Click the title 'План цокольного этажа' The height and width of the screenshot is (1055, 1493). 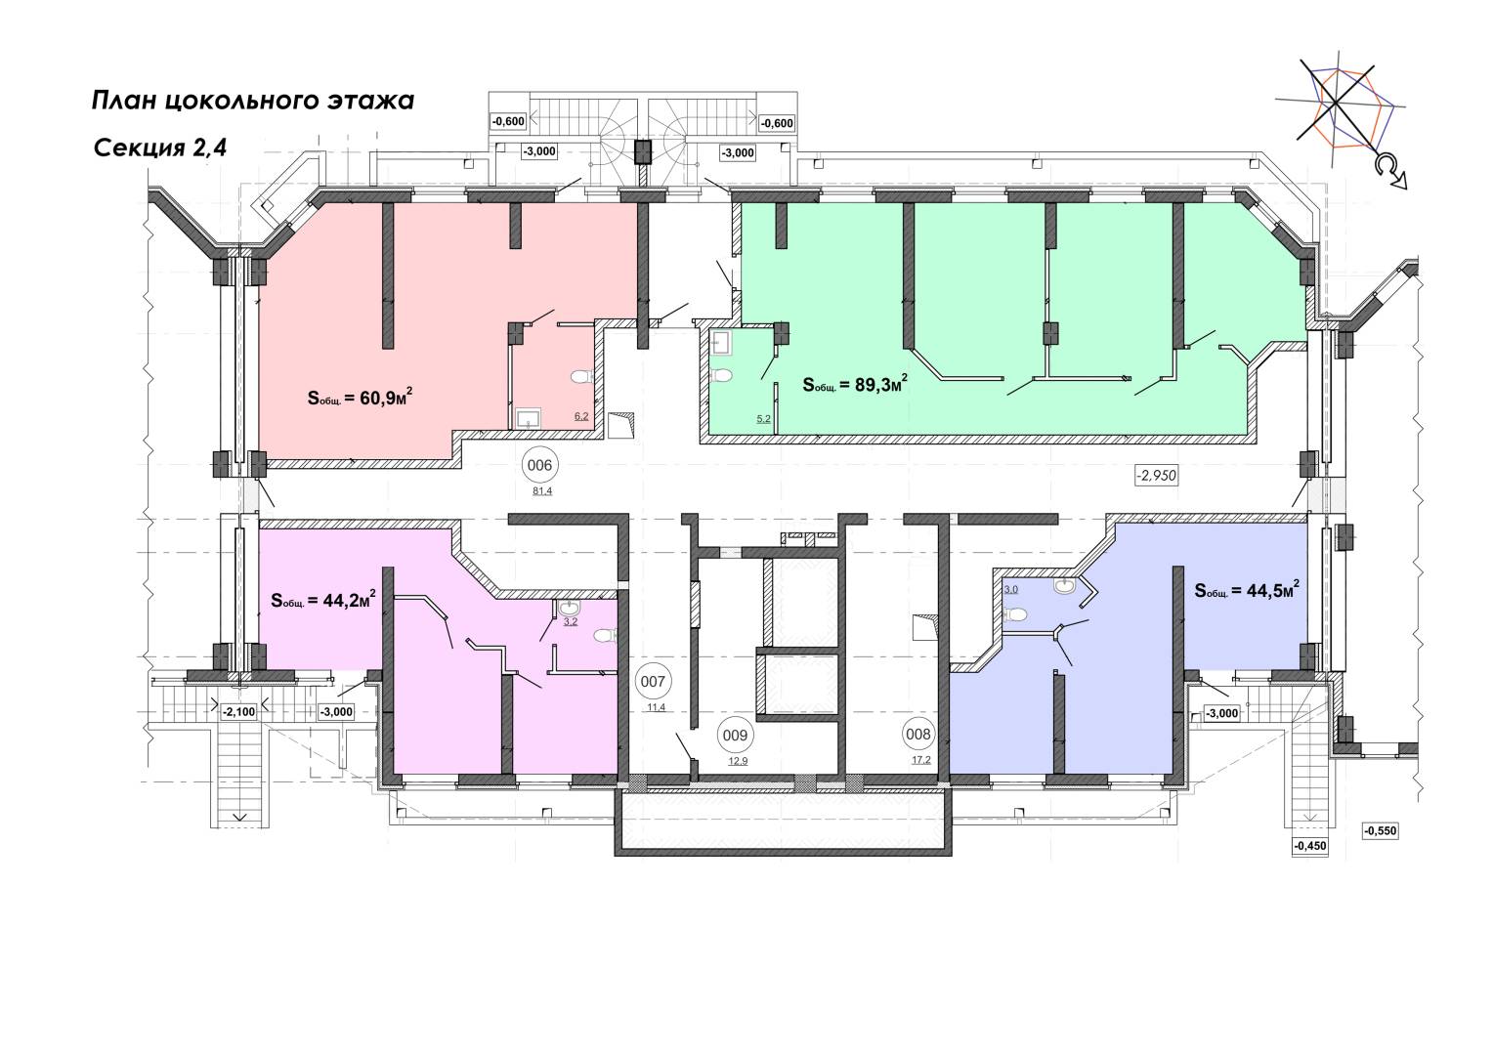pyautogui.click(x=253, y=101)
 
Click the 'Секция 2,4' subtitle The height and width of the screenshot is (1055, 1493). pyautogui.click(x=160, y=148)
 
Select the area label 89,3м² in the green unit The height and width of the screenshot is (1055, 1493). pyautogui.click(x=855, y=384)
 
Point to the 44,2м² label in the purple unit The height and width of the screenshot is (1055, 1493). pyautogui.click(x=323, y=600)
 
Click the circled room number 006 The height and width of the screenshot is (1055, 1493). pyautogui.click(x=539, y=465)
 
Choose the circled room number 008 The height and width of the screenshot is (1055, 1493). pyautogui.click(x=918, y=733)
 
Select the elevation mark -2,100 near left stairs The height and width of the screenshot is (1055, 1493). pyautogui.click(x=238, y=711)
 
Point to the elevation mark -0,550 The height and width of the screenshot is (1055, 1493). pyautogui.click(x=1381, y=830)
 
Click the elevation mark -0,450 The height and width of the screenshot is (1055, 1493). pyautogui.click(x=1309, y=846)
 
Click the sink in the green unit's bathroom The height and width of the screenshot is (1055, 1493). pyautogui.click(x=722, y=341)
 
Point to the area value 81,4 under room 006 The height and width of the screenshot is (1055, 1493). pyautogui.click(x=542, y=490)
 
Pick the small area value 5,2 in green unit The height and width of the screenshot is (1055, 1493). pyautogui.click(x=763, y=419)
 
